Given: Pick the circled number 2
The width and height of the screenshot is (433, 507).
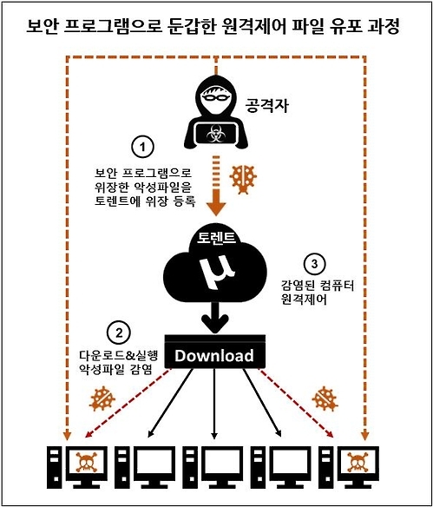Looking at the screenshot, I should point(116,332).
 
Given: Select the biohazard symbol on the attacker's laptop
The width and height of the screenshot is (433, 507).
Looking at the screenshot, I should point(214,135).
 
